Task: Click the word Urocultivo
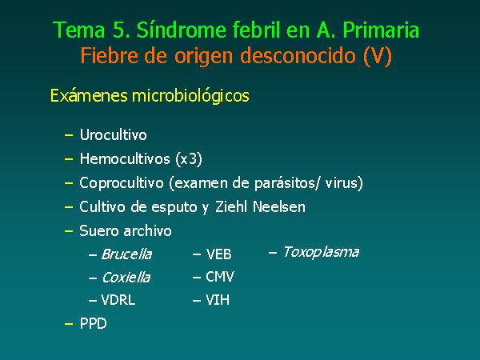click(114, 134)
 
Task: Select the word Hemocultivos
click(125, 159)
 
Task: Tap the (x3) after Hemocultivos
click(189, 159)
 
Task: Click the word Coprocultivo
click(122, 183)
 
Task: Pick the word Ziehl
click(231, 207)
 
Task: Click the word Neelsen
click(279, 207)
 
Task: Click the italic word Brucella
click(126, 254)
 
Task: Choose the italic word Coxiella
click(126, 278)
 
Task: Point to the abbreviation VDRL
click(118, 300)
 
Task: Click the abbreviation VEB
click(218, 254)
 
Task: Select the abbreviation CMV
click(220, 277)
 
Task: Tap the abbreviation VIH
click(218, 300)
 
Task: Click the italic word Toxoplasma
click(321, 252)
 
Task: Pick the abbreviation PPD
click(93, 323)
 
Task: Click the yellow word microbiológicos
click(190, 96)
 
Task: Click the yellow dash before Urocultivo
click(69, 135)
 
